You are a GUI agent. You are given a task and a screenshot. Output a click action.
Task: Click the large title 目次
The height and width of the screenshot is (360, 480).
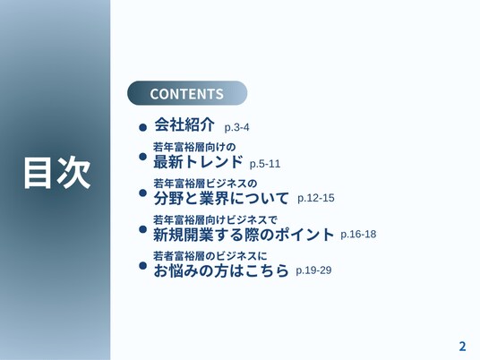pos(57,172)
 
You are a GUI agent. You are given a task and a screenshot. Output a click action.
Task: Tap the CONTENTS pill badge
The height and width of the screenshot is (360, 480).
pos(187,93)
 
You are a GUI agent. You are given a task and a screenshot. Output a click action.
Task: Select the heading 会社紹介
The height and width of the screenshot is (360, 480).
pos(184,124)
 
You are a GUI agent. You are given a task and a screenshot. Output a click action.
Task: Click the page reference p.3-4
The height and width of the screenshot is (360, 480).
pos(236,127)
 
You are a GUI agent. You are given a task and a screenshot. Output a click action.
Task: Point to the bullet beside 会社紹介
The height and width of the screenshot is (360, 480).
pos(142,127)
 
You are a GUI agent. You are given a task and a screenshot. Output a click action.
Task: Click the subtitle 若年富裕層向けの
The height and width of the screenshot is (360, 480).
pos(194,147)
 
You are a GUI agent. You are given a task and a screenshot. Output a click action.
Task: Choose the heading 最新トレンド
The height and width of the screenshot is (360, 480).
pos(198,161)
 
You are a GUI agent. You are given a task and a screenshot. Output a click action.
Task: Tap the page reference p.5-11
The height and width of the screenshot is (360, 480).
pos(265,164)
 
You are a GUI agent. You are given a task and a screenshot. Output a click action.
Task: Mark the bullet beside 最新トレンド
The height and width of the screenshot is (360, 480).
pos(142,157)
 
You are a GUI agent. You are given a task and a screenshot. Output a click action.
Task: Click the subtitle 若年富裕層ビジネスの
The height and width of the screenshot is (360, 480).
pos(205,184)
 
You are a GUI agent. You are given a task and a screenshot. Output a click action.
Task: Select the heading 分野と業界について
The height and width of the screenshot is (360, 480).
pos(221,198)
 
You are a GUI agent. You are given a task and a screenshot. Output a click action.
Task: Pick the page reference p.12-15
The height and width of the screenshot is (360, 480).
pos(316,198)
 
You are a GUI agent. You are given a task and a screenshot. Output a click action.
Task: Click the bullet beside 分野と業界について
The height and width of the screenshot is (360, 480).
pos(142,193)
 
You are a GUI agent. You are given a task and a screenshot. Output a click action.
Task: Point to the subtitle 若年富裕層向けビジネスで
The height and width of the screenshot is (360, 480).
pos(215,219)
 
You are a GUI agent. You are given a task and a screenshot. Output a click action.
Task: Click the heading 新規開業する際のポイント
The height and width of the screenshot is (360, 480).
pos(244,235)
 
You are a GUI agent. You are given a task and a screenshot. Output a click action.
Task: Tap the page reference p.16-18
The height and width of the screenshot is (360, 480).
pos(358,235)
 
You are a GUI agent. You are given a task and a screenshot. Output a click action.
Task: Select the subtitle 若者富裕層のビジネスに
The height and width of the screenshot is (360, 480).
pos(210,255)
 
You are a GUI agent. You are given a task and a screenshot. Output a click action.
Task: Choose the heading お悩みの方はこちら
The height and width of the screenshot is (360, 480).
pos(221,270)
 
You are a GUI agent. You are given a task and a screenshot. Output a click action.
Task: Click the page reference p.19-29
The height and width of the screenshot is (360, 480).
pos(313,270)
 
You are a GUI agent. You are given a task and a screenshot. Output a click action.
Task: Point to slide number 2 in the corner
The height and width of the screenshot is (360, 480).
pos(462,347)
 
